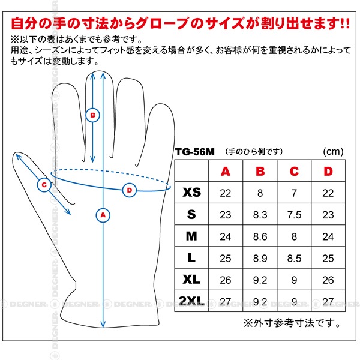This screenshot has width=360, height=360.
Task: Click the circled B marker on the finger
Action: tap(92, 115)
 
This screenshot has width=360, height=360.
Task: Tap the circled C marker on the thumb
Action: tap(44, 185)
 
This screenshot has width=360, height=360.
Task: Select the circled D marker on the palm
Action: tap(130, 190)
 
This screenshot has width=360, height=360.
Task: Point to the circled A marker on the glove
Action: tap(103, 215)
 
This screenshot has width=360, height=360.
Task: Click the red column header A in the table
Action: tap(226, 171)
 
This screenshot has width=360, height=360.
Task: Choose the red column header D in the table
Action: tap(328, 171)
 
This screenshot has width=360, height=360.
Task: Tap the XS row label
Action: tap(192, 193)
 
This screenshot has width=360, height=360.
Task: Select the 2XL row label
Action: tap(191, 301)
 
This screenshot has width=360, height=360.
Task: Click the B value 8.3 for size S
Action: tap(260, 215)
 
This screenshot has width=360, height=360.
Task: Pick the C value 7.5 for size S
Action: tap(294, 215)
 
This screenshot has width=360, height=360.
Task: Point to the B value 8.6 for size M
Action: tap(260, 237)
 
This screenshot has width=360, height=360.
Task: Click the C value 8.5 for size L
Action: tap(294, 259)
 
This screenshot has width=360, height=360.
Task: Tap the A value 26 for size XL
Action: tap(226, 280)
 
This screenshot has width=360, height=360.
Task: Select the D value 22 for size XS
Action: tap(328, 193)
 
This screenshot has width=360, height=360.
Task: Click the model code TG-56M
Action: tap(194, 152)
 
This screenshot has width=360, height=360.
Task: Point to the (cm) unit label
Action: tap(333, 152)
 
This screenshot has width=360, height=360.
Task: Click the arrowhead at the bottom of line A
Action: tap(103, 324)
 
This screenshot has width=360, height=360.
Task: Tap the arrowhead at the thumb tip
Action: tap(18, 157)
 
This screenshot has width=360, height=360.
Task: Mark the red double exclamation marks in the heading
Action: tap(345, 23)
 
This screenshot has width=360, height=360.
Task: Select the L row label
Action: tap(191, 258)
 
